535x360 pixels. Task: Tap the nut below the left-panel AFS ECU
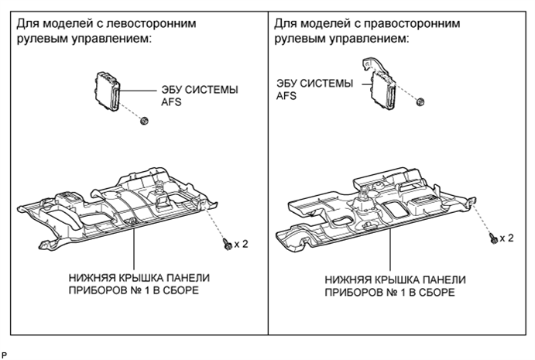[144, 119]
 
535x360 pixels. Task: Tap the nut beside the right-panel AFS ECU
[420, 101]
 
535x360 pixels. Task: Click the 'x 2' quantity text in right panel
[507, 238]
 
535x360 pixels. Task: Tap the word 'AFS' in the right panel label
[286, 97]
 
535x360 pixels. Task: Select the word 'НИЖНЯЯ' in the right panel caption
[350, 280]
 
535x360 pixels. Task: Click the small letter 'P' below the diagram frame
[4, 353]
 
